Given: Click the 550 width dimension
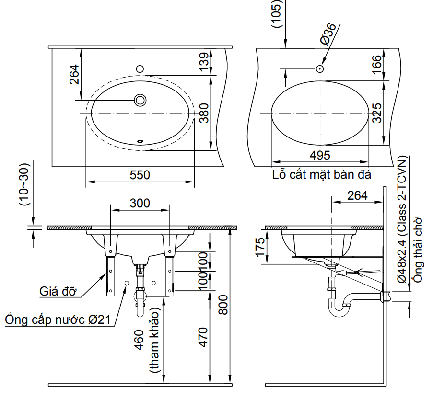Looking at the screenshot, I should point(140,175).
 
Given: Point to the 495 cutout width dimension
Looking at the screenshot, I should point(320,155).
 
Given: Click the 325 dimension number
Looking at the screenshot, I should point(377,113).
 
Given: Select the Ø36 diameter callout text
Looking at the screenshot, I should point(328,34).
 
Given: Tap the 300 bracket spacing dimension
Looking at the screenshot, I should point(140,203).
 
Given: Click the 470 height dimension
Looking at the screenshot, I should point(203,337).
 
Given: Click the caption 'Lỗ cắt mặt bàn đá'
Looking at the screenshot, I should point(321,174).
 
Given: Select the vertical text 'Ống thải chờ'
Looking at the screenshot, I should point(419,249).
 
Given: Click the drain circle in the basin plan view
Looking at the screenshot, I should point(140,100).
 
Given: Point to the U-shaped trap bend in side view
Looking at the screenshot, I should point(339,312).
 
